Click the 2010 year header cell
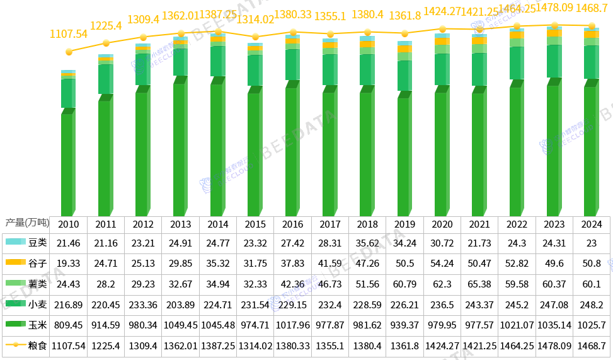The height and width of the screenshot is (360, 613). pyautogui.click(x=69, y=224)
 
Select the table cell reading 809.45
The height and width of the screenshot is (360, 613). pyautogui.click(x=69, y=325)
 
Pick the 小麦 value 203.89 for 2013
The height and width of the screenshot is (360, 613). pyautogui.click(x=180, y=305)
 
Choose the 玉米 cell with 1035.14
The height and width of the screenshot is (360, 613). pyautogui.click(x=554, y=325)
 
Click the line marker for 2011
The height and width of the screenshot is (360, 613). pyautogui.click(x=106, y=43)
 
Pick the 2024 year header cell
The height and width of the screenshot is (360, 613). pyautogui.click(x=592, y=224)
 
